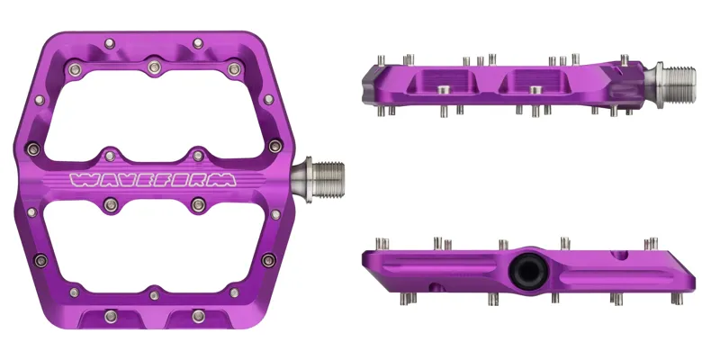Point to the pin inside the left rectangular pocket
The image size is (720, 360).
pos(443,88)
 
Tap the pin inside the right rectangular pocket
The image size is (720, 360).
pos(534,88)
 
